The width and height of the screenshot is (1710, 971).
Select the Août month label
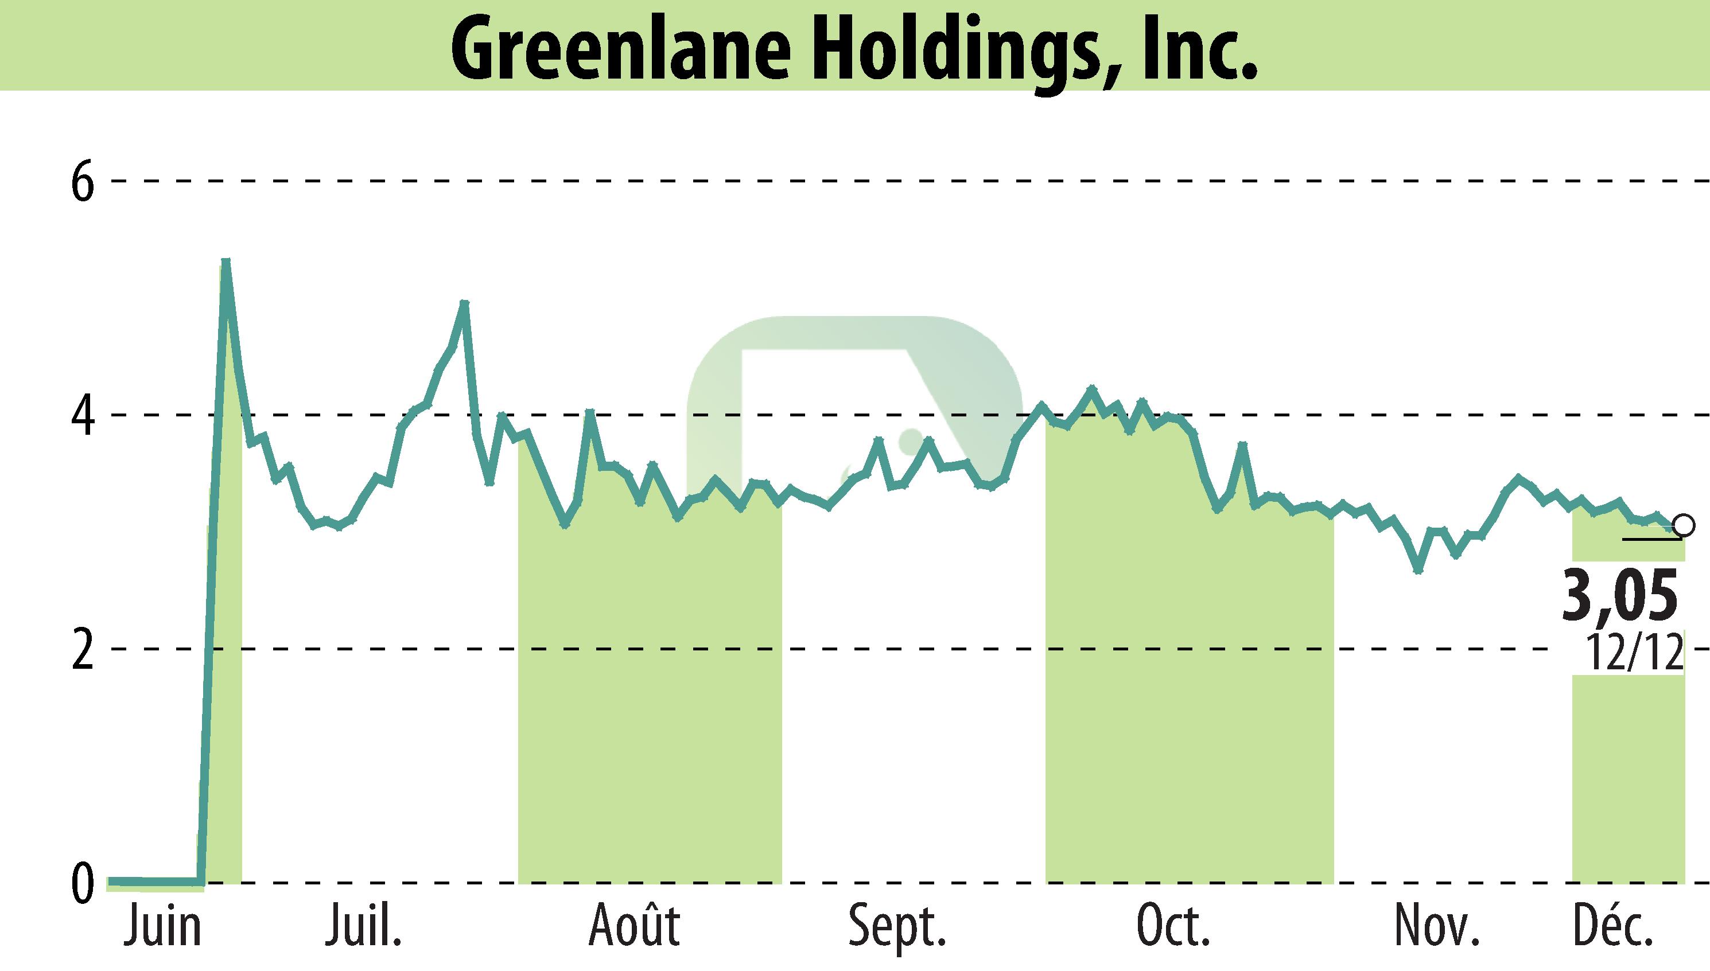[634, 927]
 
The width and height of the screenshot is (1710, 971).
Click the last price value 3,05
[1620, 594]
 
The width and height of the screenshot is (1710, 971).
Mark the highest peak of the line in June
[226, 262]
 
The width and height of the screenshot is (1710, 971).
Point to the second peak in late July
[464, 303]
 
